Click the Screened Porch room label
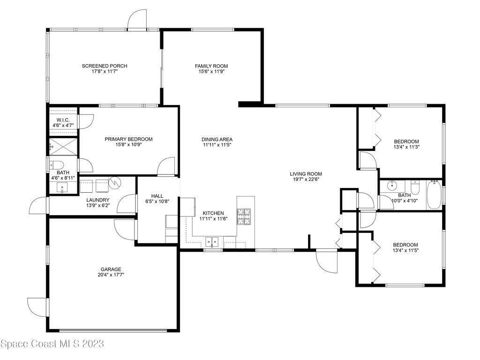(x=105, y=66)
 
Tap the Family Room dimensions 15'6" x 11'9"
(x=211, y=72)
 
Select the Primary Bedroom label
(x=128, y=139)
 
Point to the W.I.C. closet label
(x=63, y=120)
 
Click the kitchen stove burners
(x=244, y=216)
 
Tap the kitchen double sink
(x=212, y=242)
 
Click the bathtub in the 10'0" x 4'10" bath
(x=434, y=195)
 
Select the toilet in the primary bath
(x=56, y=165)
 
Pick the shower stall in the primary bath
(x=63, y=147)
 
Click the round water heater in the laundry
(x=116, y=182)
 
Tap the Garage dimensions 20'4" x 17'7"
(x=111, y=275)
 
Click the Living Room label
(x=306, y=174)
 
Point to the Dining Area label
(x=217, y=139)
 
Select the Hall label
(x=157, y=196)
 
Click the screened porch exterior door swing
(x=137, y=19)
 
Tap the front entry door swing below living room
(x=326, y=261)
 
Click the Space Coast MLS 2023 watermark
(x=52, y=344)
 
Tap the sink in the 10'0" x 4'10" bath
(x=392, y=185)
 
